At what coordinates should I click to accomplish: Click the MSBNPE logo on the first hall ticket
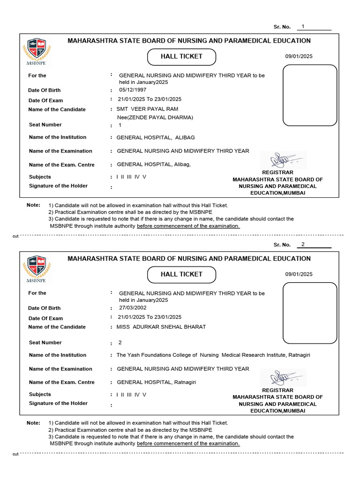(37, 49)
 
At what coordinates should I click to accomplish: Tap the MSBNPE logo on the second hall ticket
(37, 267)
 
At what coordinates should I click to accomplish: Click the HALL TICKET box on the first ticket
(181, 57)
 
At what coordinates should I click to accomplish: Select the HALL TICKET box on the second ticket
(181, 275)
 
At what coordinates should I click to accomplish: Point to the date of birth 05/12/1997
(133, 90)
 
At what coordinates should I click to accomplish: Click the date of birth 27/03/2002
(133, 307)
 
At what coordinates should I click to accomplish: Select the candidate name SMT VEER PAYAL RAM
(147, 109)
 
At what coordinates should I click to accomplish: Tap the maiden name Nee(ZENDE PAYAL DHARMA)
(155, 117)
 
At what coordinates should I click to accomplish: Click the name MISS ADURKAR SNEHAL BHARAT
(161, 327)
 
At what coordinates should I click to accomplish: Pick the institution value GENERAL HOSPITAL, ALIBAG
(156, 137)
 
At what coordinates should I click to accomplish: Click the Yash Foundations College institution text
(213, 355)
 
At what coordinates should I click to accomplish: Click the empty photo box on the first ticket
(310, 95)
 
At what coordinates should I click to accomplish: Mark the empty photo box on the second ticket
(310, 313)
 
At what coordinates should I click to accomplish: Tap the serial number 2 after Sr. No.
(303, 244)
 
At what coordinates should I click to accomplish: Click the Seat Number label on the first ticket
(45, 125)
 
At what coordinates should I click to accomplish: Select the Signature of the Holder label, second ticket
(58, 403)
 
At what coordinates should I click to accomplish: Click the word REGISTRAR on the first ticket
(277, 172)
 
